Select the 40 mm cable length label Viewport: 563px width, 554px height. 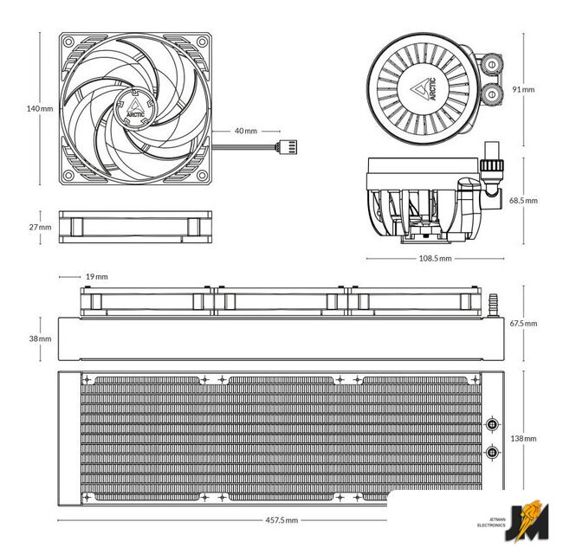click(246, 131)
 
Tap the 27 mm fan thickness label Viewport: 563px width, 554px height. click(40, 227)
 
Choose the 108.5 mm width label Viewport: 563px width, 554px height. click(435, 258)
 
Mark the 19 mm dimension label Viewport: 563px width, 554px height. click(97, 276)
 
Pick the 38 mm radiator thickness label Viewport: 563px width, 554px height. click(40, 338)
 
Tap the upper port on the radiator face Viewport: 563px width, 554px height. click(493, 424)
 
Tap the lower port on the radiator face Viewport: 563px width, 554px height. click(493, 451)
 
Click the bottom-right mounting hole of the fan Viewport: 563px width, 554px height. click(204, 176)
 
